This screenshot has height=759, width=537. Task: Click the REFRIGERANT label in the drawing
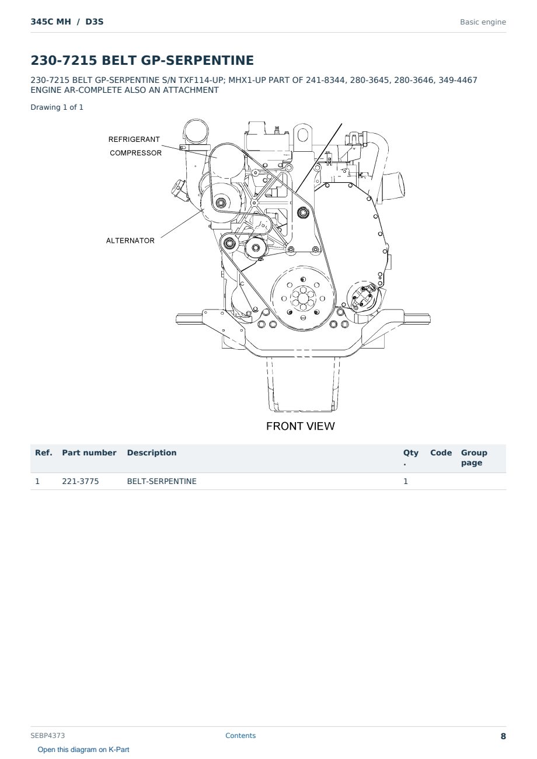134,140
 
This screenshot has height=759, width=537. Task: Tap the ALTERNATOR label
130,241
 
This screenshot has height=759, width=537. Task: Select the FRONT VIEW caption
300,426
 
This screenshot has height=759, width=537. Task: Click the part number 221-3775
81,481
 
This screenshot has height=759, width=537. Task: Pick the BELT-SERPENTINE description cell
162,481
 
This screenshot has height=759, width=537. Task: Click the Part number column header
89,452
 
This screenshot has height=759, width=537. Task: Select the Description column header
152,452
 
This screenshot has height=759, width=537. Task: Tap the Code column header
441,452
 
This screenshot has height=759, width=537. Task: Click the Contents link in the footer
240,736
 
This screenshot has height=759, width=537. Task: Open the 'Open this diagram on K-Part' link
83,750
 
